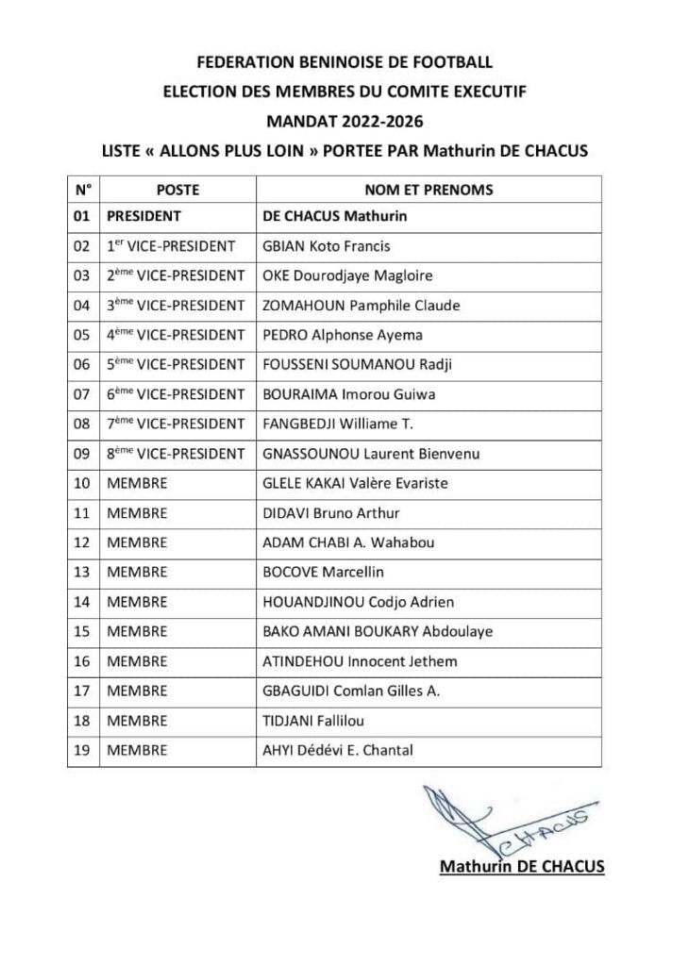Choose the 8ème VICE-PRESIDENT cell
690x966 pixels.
[176, 454]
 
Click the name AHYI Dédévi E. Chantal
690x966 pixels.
[338, 750]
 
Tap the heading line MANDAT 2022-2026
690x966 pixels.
[345, 120]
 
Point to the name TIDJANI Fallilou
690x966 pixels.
[311, 721]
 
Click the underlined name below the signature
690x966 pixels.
[522, 866]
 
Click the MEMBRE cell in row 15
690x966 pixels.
[137, 631]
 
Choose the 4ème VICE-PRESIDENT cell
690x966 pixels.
[176, 335]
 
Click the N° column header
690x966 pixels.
[83, 190]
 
